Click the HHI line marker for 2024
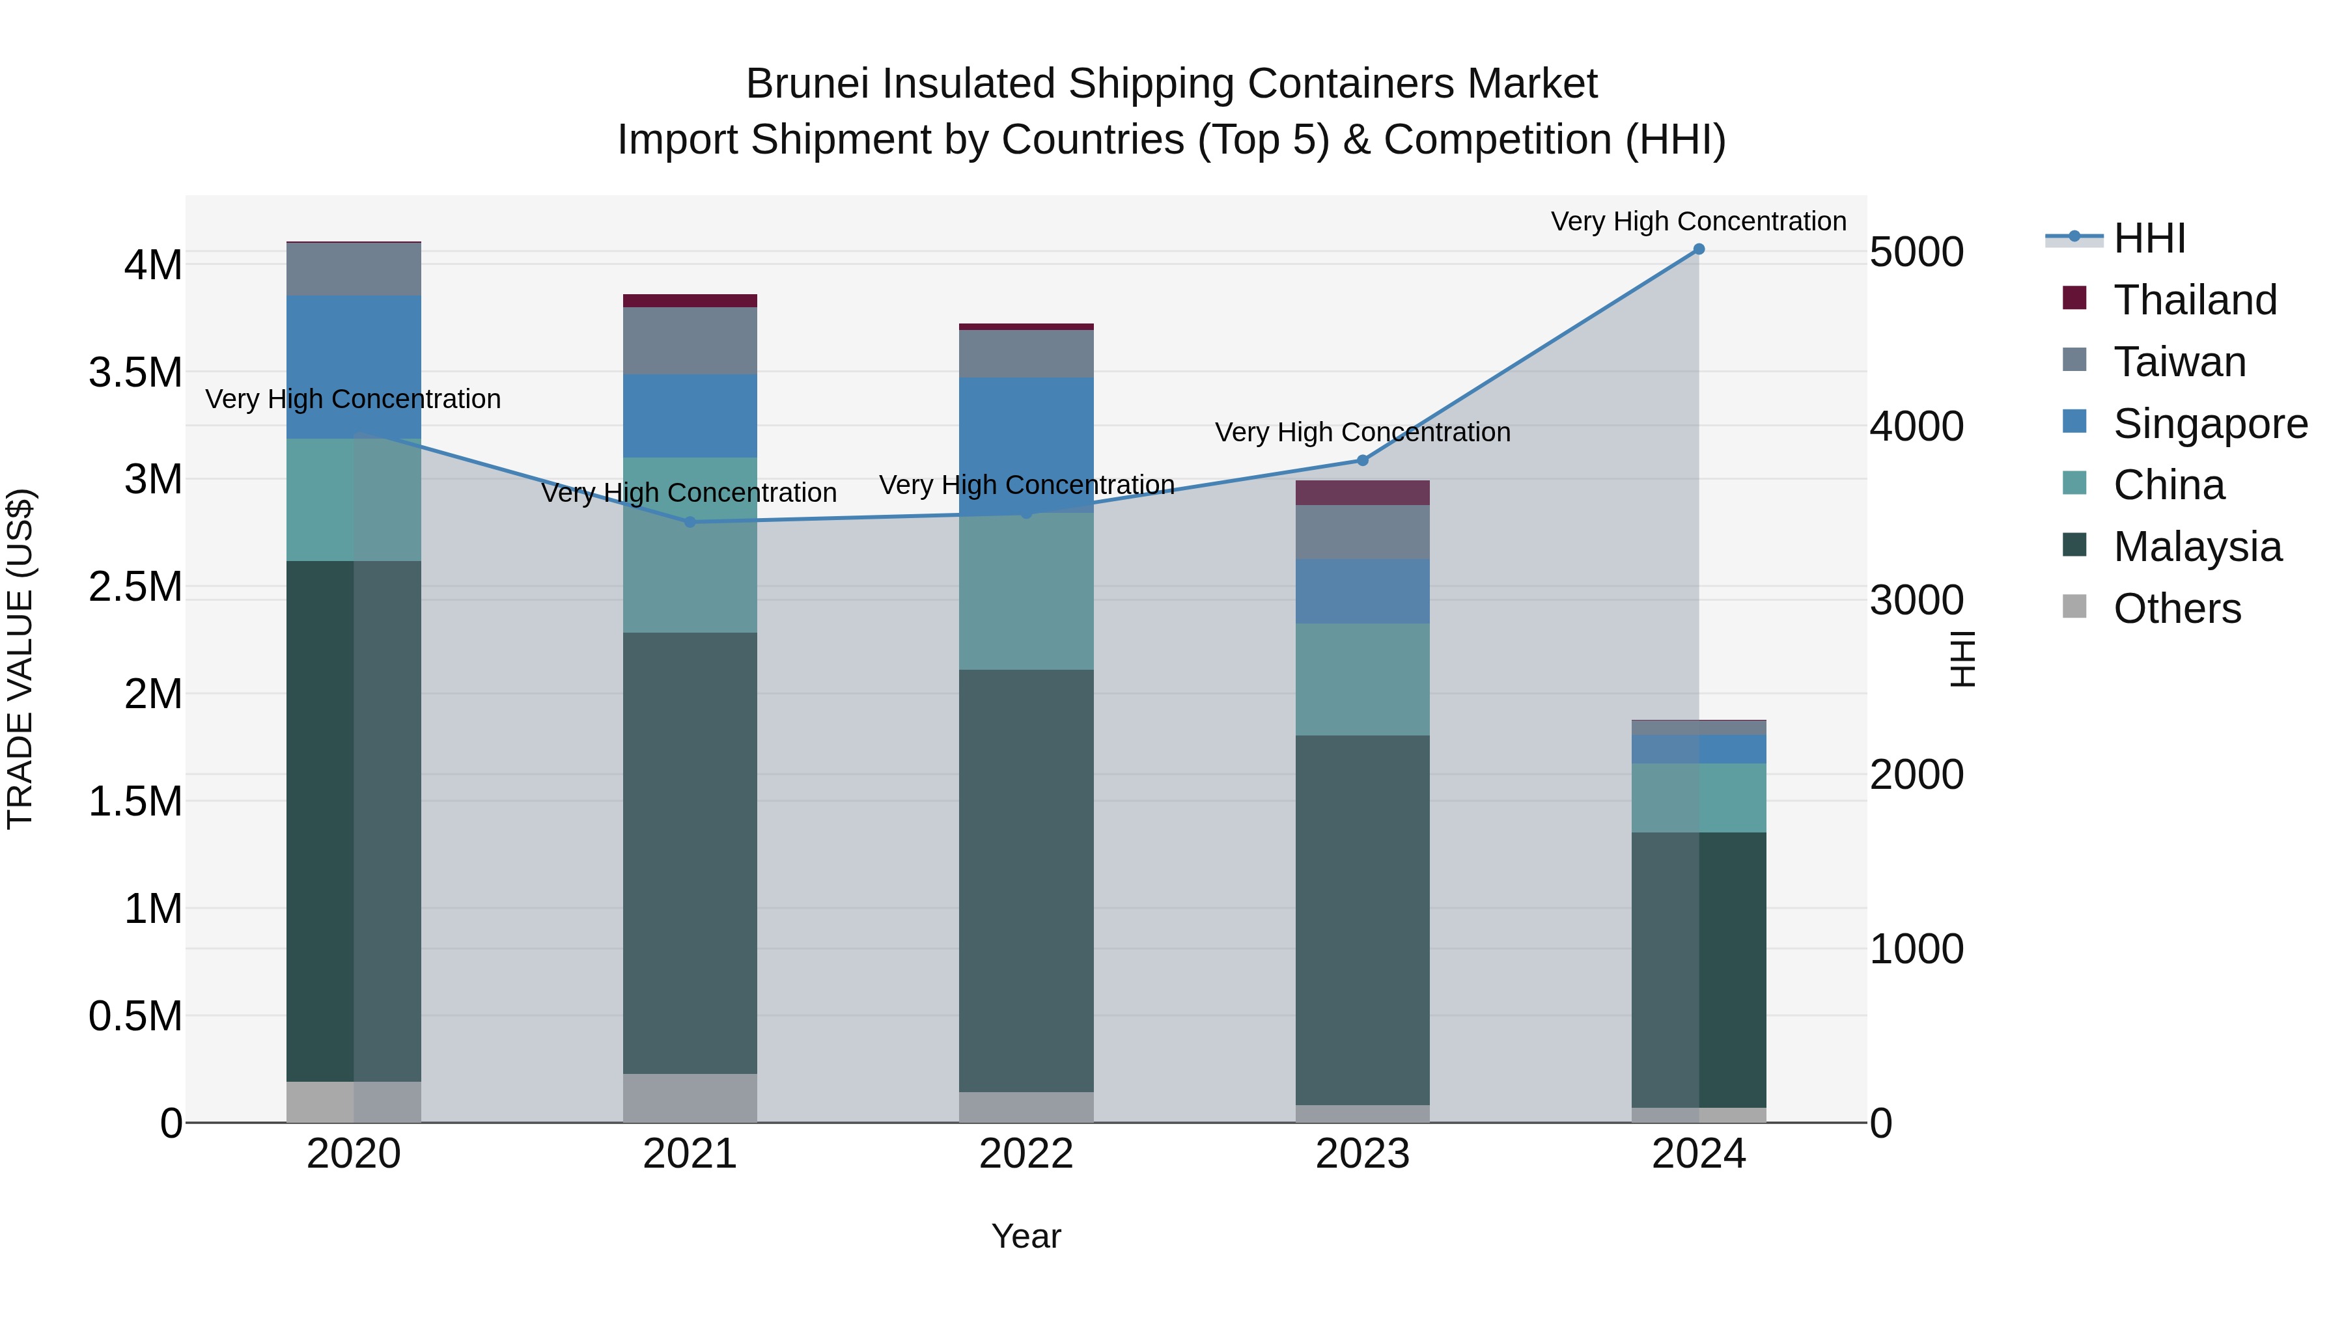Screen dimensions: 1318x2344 click(1698, 249)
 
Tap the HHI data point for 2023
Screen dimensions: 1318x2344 click(1362, 460)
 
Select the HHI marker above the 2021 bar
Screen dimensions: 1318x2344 click(690, 522)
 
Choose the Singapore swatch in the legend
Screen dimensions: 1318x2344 click(2074, 422)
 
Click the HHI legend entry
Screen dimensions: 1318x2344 click(2149, 238)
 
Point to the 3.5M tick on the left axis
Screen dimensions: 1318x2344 click(135, 373)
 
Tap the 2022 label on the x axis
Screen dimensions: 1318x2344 click(1025, 1154)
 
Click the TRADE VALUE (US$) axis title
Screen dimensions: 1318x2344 click(20, 659)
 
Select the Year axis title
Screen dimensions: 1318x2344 click(1025, 1236)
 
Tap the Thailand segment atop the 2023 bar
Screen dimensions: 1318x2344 click(1362, 492)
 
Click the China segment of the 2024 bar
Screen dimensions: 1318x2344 click(1698, 798)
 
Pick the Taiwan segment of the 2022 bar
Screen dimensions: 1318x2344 click(1025, 354)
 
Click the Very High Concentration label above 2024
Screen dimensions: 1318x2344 click(1698, 221)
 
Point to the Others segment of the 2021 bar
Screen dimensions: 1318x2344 click(690, 1098)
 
